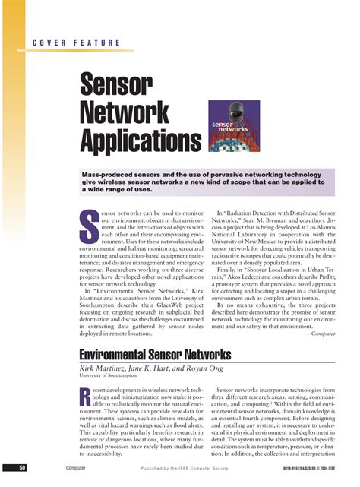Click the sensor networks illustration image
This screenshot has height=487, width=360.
[x=235, y=126]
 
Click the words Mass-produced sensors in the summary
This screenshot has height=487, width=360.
[x=116, y=174]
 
